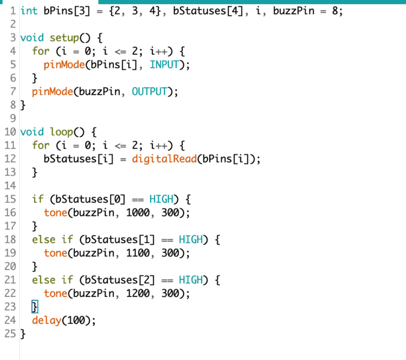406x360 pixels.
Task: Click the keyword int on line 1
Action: [29, 11]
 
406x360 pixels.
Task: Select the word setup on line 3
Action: [65, 38]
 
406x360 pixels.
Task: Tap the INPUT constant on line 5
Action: [164, 65]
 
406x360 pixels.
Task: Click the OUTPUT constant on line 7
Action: [149, 92]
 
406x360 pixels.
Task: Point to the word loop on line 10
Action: [62, 132]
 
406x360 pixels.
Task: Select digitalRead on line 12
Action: [164, 159]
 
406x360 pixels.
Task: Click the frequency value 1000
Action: [138, 212]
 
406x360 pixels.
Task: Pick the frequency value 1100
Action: [138, 253]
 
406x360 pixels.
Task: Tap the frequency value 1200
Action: [138, 293]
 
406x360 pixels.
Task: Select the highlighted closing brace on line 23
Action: [35, 307]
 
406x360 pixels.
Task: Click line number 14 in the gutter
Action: [10, 185]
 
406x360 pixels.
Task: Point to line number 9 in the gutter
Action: [13, 119]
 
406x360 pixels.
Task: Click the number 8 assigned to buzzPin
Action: [335, 11]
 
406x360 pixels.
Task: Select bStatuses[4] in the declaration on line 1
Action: [208, 11]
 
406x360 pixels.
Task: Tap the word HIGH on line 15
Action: [161, 199]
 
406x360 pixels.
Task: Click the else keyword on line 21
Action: [44, 280]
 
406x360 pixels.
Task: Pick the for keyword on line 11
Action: [41, 145]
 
